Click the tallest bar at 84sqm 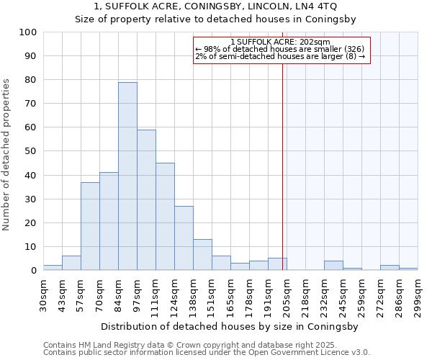click(x=127, y=176)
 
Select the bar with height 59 click(x=146, y=200)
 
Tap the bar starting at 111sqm click(x=165, y=217)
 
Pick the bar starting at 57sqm click(x=90, y=226)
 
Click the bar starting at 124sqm click(x=184, y=238)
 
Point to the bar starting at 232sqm click(x=333, y=266)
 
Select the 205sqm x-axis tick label click(x=287, y=295)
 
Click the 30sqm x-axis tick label click(x=43, y=295)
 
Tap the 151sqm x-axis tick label click(x=212, y=295)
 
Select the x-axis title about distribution click(x=230, y=326)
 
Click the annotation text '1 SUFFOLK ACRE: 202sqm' click(x=281, y=42)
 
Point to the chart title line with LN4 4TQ click(x=215, y=6)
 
